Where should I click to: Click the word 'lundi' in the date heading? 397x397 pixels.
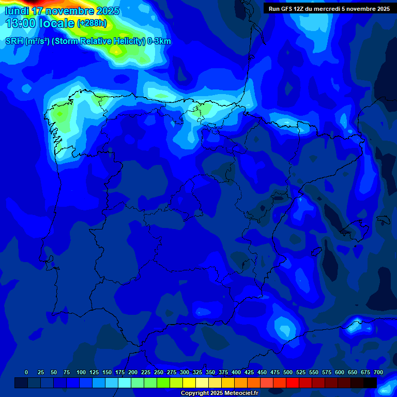coord(17,11)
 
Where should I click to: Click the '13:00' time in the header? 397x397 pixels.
coord(21,23)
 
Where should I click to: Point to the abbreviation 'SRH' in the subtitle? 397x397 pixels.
coord(14,41)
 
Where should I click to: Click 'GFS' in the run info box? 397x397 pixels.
coord(286,9)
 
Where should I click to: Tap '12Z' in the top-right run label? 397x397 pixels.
coord(300,9)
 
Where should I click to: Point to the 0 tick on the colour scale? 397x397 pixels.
coord(26,372)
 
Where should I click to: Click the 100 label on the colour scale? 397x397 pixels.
coord(81,372)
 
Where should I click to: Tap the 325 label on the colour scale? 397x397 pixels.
coord(197,372)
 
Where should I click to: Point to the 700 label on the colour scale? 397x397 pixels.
coord(378,372)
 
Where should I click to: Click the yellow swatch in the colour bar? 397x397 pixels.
coord(189,383)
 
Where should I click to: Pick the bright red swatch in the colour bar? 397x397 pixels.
coord(293,383)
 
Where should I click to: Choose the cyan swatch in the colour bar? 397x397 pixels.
coord(125,383)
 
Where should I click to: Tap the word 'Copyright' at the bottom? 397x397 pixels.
coord(195,393)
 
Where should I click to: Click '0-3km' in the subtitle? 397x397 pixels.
coord(159,41)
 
